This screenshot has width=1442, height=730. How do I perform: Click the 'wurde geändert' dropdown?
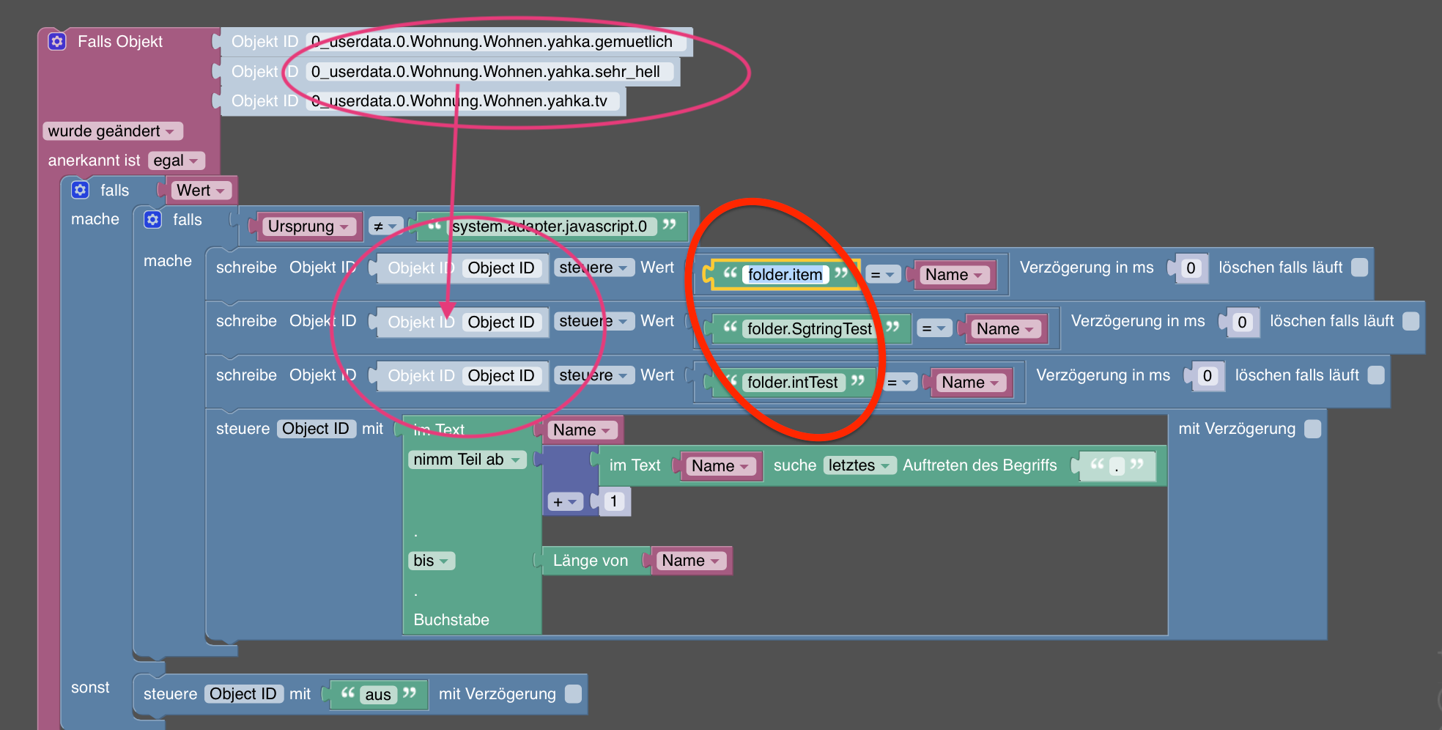(x=111, y=131)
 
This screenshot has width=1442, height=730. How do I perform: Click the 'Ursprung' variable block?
(x=308, y=226)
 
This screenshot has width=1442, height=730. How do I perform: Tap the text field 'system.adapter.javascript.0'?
(x=550, y=226)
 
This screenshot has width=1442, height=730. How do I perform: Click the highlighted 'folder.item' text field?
(x=785, y=275)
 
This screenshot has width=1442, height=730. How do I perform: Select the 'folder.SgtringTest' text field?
(x=809, y=329)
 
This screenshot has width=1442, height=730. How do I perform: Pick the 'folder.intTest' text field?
(x=792, y=383)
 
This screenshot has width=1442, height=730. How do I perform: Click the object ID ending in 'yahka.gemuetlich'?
(x=492, y=42)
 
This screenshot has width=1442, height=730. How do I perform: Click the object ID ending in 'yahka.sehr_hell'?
(x=485, y=72)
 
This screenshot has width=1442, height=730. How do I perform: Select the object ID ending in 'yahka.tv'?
(x=459, y=101)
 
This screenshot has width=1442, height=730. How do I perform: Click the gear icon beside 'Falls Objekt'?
(x=57, y=42)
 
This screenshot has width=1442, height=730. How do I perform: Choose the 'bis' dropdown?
(x=431, y=561)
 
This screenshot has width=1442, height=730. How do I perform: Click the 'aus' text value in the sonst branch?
(x=378, y=695)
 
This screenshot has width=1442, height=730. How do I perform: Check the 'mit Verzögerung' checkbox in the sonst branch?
(x=574, y=694)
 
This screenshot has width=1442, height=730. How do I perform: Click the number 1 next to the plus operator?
(x=613, y=501)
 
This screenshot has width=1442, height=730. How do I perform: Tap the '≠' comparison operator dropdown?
(x=385, y=226)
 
